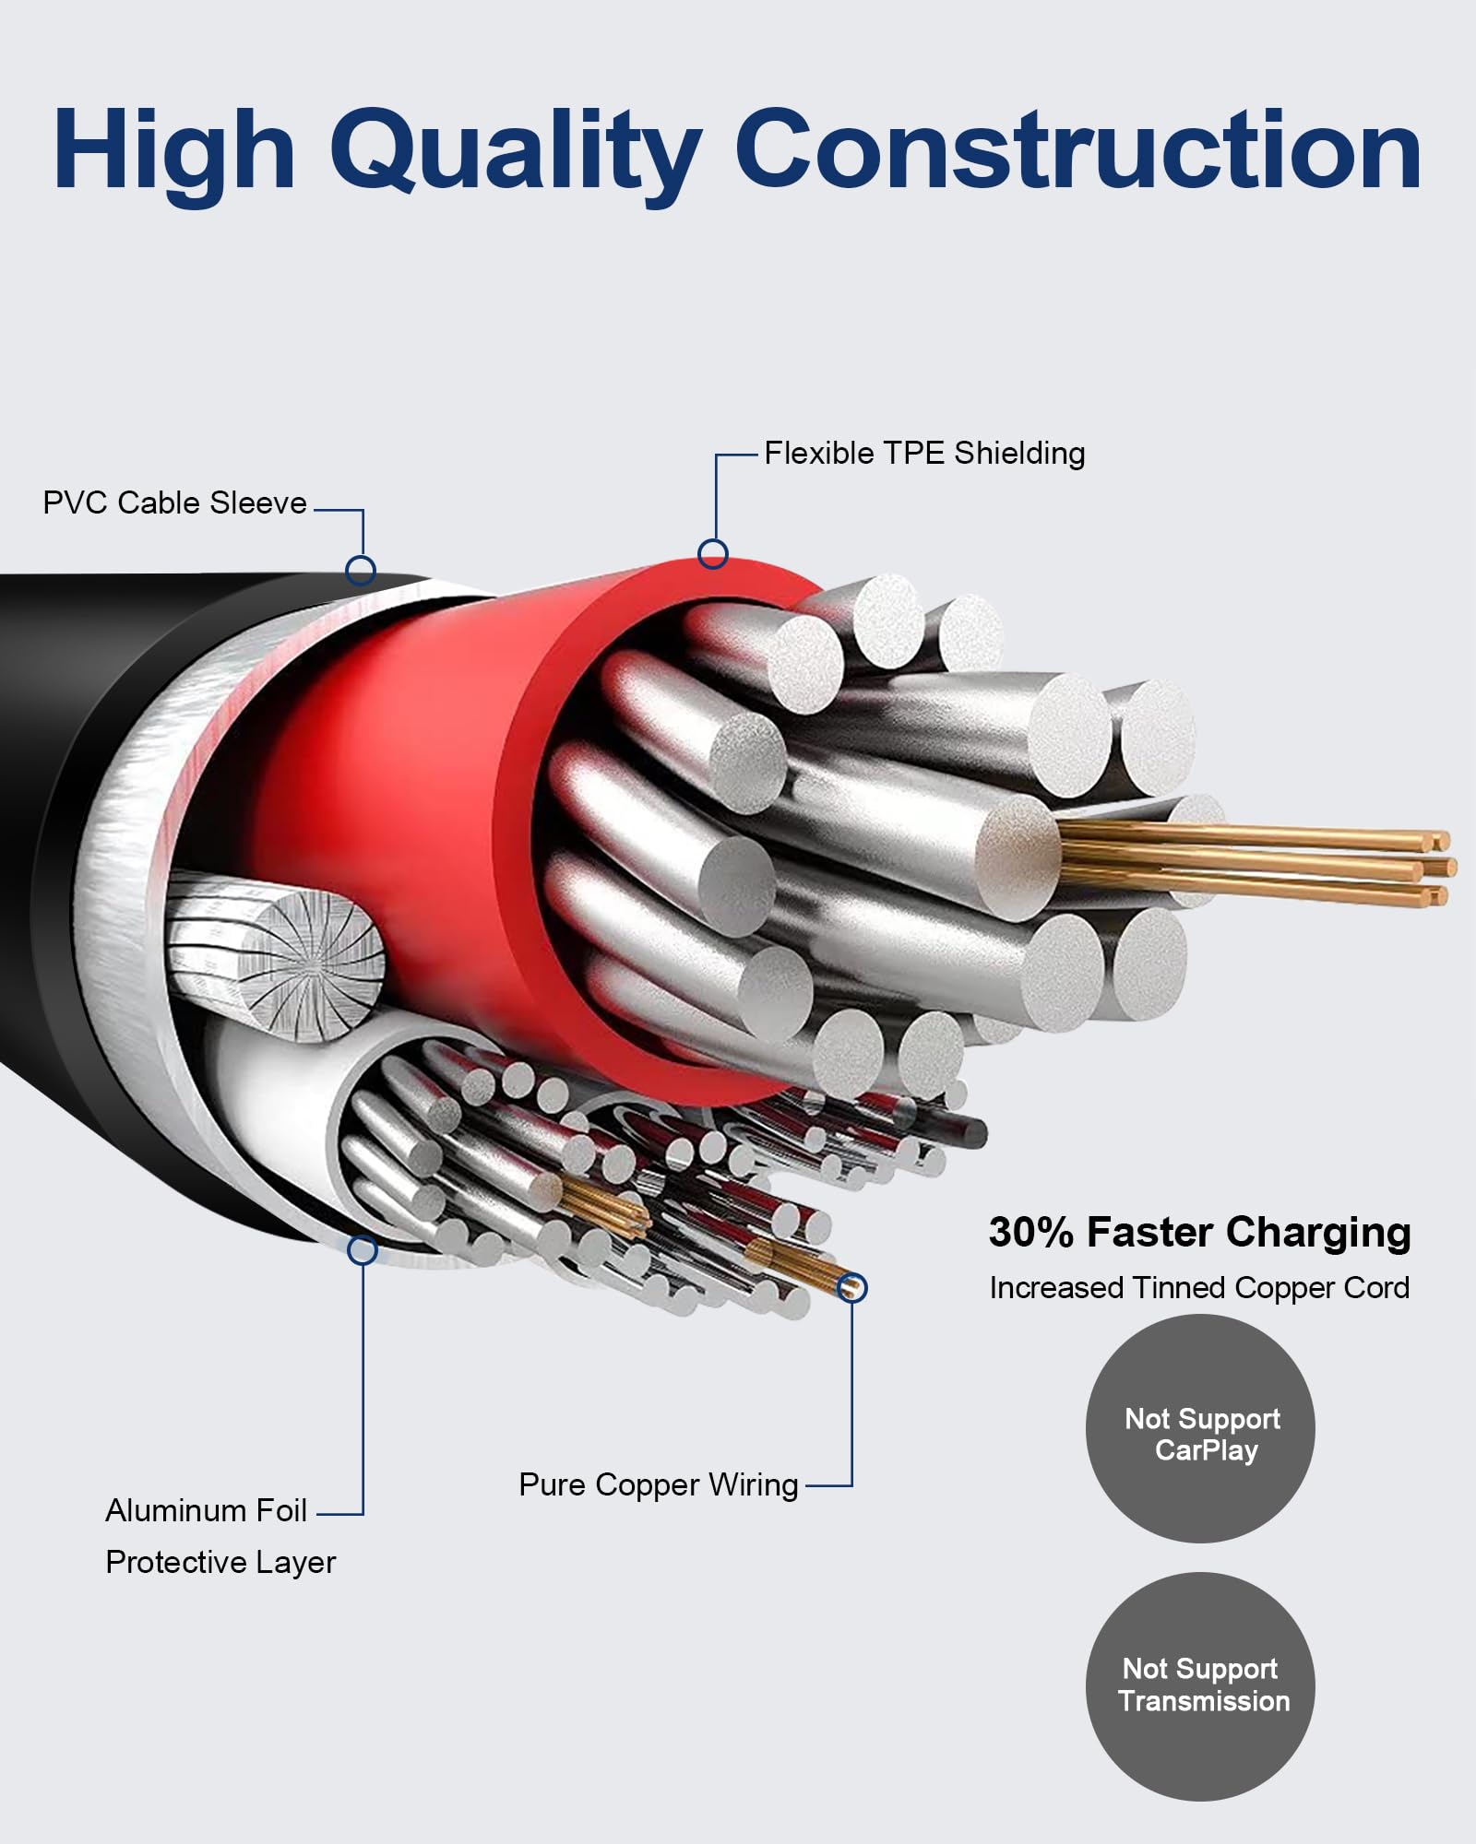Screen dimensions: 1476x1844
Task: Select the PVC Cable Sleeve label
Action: (174, 502)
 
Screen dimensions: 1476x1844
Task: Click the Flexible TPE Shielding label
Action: (924, 454)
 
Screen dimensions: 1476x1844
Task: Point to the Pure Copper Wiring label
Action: (659, 1485)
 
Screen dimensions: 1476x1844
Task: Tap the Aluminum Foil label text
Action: (206, 1510)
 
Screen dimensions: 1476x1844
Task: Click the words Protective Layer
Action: (220, 1562)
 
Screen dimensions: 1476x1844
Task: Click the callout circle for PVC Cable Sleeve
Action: (361, 570)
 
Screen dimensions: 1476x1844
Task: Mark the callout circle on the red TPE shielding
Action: (713, 553)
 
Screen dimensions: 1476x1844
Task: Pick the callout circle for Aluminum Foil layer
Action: (363, 1250)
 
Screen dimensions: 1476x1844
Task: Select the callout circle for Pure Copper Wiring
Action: (854, 1287)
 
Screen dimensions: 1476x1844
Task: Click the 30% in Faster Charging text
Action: (1031, 1233)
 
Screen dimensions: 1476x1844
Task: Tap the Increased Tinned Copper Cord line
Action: (1199, 1288)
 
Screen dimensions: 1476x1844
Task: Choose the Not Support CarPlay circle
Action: (1200, 1428)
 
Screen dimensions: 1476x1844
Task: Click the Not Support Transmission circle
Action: (1200, 1686)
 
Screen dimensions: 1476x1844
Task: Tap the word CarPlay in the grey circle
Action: (1206, 1451)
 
